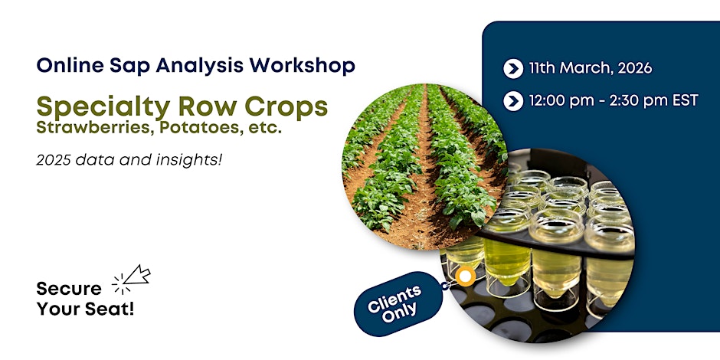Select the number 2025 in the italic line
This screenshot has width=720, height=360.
[54, 160]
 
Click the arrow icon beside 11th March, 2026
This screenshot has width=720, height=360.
[513, 69]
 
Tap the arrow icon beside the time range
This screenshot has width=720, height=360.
[513, 101]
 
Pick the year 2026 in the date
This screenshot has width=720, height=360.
[634, 68]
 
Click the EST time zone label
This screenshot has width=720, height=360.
[683, 100]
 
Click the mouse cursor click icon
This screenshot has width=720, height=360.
[131, 280]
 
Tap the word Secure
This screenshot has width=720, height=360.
[69, 289]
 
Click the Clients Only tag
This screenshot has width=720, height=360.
[398, 303]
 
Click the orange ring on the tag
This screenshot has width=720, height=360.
[466, 277]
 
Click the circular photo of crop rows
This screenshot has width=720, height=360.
[425, 167]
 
